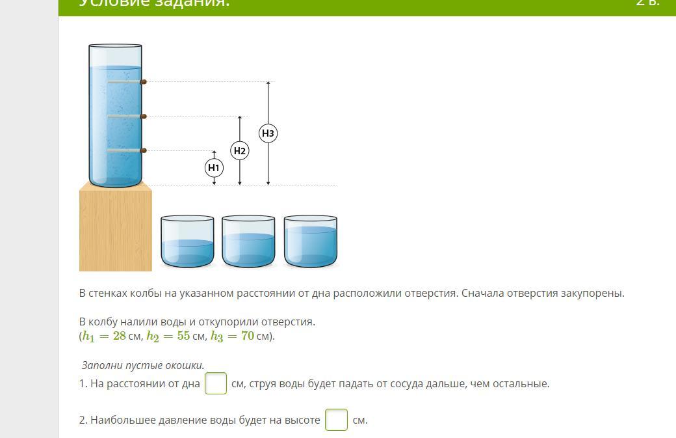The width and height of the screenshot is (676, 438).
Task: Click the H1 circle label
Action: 214,168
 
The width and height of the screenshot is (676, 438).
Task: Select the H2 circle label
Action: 240,151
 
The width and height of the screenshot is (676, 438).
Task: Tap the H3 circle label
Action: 268,133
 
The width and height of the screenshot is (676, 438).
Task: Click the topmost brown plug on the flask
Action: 144,82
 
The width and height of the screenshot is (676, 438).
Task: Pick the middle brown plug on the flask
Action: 144,116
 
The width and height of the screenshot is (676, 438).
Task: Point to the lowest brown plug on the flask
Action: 144,150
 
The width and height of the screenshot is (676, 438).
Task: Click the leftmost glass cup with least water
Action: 187,242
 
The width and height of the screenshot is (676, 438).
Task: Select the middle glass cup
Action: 249,242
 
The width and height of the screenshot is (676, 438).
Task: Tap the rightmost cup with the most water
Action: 311,242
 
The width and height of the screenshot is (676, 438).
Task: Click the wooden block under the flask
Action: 116,228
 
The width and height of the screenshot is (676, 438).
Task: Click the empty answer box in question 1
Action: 216,383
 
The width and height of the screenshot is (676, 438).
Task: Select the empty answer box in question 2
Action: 337,420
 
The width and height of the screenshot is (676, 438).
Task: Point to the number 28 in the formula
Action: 119,336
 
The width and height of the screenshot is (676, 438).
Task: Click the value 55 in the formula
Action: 183,336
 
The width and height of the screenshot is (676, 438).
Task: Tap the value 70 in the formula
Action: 247,336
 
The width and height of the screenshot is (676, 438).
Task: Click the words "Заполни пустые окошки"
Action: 143,365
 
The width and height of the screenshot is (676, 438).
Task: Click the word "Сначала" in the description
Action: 482,293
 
